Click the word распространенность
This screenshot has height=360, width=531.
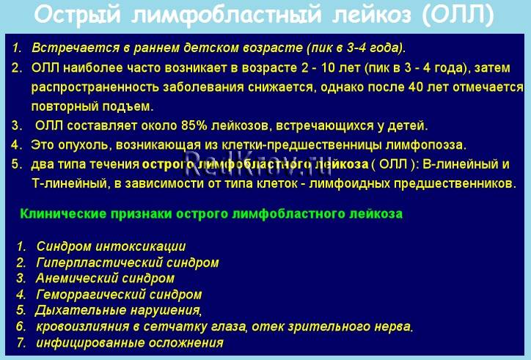pyautogui.click(x=95, y=88)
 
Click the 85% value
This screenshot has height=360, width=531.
pyautogui.click(x=194, y=125)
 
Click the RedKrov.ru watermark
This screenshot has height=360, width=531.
pyautogui.click(x=258, y=164)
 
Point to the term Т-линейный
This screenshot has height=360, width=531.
pyautogui.click(x=65, y=183)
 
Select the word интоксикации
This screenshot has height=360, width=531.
pyautogui.click(x=141, y=246)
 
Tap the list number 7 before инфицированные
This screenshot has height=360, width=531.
pyautogui.click(x=21, y=342)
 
